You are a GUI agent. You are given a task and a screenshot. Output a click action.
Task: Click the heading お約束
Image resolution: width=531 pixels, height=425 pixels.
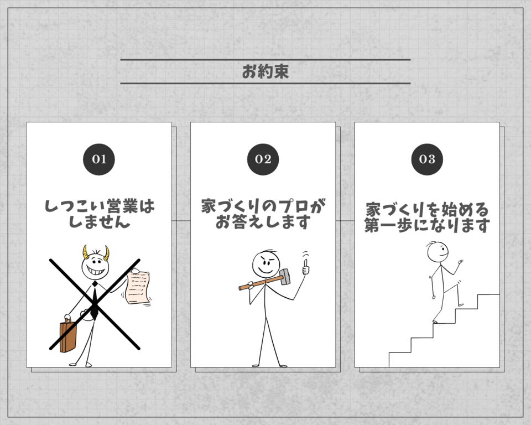pos(265,71)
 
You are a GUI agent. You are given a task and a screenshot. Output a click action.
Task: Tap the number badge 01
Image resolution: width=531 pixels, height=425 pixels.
pos(99,159)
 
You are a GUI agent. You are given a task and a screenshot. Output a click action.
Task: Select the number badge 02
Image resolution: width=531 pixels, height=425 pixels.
pos(263,159)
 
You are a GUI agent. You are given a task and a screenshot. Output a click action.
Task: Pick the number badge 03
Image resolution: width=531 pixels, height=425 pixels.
pos(427,159)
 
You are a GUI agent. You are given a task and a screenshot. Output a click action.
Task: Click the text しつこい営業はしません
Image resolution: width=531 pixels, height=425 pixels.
pos(99,214)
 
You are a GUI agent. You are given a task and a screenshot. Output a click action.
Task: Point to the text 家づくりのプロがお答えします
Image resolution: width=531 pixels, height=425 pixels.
pos(263,214)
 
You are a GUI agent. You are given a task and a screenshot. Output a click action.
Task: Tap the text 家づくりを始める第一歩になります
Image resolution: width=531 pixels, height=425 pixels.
pos(427,217)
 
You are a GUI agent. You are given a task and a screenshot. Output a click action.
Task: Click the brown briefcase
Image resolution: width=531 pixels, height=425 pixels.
pos(67,335)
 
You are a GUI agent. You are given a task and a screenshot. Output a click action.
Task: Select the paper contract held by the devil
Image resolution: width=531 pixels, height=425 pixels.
pos(138,287)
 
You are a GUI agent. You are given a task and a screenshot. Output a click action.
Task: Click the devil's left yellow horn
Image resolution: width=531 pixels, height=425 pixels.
pos(85,252)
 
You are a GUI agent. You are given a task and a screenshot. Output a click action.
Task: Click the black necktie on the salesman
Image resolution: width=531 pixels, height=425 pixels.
pos(94,301)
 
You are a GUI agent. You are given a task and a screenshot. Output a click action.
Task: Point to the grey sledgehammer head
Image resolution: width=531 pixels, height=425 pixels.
pos(284,276)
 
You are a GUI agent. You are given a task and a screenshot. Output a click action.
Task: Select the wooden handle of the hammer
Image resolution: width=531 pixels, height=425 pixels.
pos(261,283)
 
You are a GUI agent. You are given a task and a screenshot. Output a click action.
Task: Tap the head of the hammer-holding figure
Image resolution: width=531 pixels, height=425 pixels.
pos(266,264)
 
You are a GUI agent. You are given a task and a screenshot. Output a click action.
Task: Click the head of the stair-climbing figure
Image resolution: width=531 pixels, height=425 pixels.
pos(438,252)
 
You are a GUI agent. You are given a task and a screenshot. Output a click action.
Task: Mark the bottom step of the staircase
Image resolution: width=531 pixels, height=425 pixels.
pos(400,360)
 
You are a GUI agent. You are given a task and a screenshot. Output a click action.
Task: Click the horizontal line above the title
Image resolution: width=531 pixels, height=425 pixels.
pos(265,60)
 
